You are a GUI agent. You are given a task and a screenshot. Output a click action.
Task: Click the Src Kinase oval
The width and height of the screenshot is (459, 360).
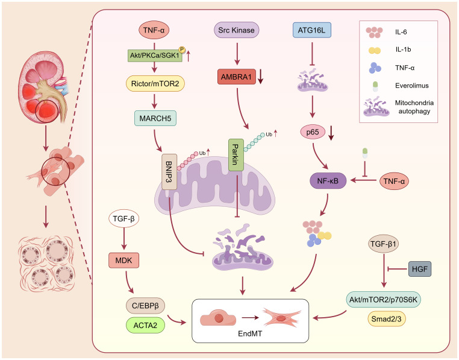[237, 30]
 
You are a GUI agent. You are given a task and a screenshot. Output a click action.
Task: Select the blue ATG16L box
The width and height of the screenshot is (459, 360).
[312, 30]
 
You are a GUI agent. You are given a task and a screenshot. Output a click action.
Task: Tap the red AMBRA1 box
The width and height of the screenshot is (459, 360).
[237, 77]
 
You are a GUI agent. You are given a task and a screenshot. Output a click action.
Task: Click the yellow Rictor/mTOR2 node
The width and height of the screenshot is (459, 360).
[155, 84]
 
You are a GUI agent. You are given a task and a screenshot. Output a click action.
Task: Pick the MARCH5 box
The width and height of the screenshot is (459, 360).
[155, 118]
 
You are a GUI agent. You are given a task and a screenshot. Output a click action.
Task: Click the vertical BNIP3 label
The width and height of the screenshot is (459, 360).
[169, 172]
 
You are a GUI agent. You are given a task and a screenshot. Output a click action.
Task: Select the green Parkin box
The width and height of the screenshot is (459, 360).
[236, 155]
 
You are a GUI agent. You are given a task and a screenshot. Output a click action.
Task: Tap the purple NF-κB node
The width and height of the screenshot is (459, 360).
[328, 180]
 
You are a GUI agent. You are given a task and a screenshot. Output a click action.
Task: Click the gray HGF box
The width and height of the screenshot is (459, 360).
[420, 269]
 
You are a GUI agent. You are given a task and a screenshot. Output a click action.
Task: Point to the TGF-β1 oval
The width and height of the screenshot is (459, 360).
[383, 244]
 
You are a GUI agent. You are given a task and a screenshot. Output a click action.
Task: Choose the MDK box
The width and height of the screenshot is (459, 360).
[124, 261]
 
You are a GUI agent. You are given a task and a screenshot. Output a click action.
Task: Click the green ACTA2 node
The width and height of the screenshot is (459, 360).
[145, 325]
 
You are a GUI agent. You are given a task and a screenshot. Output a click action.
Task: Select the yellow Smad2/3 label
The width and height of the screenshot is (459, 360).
[386, 319]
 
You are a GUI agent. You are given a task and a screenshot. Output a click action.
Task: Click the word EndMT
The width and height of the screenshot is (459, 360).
[250, 333]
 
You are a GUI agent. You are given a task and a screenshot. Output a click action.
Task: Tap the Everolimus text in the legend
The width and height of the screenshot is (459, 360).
[412, 86]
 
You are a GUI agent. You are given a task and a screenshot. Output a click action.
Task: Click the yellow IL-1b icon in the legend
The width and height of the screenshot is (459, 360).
[375, 51]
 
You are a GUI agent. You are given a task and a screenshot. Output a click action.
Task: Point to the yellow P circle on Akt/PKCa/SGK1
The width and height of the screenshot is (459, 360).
[182, 49]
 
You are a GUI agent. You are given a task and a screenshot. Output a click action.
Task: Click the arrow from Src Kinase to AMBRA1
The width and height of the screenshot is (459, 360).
[237, 54]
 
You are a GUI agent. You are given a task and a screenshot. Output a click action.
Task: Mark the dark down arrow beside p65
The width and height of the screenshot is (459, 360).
[331, 133]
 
